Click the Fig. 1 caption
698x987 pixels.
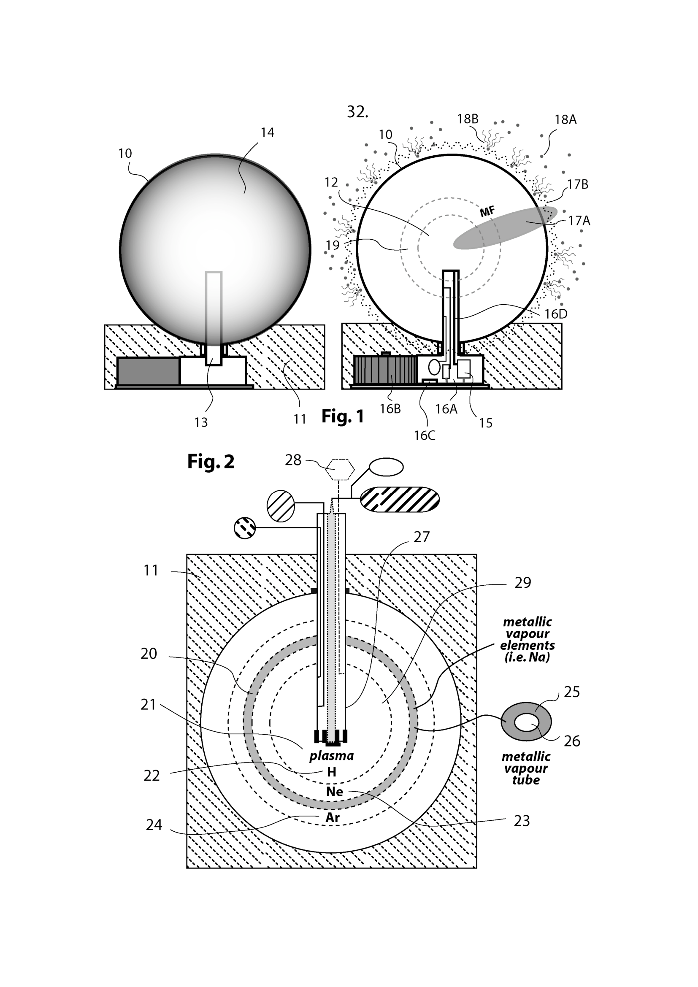pos(343,416)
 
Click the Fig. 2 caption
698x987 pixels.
pos(211,462)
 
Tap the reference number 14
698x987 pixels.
pos(267,133)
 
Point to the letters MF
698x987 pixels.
pos(487,211)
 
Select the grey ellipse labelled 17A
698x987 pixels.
pos(505,227)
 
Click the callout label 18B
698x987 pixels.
pos(468,119)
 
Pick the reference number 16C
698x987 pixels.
pos(424,436)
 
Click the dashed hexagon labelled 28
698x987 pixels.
pos(340,470)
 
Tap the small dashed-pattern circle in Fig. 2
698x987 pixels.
pos(245,528)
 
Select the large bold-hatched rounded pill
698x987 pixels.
pos(399,500)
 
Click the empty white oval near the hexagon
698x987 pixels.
pos(387,467)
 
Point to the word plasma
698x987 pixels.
pos(331,756)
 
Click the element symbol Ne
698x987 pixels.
pos(334,792)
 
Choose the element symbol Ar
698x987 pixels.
pos(333,817)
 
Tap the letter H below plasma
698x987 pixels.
pos(331,772)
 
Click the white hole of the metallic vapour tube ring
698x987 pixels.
pos(527,724)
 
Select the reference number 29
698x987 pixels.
pos(522,583)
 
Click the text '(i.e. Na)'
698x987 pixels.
pos(527,657)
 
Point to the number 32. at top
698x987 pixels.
pos(357,112)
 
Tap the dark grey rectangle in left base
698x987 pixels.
pos(148,371)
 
